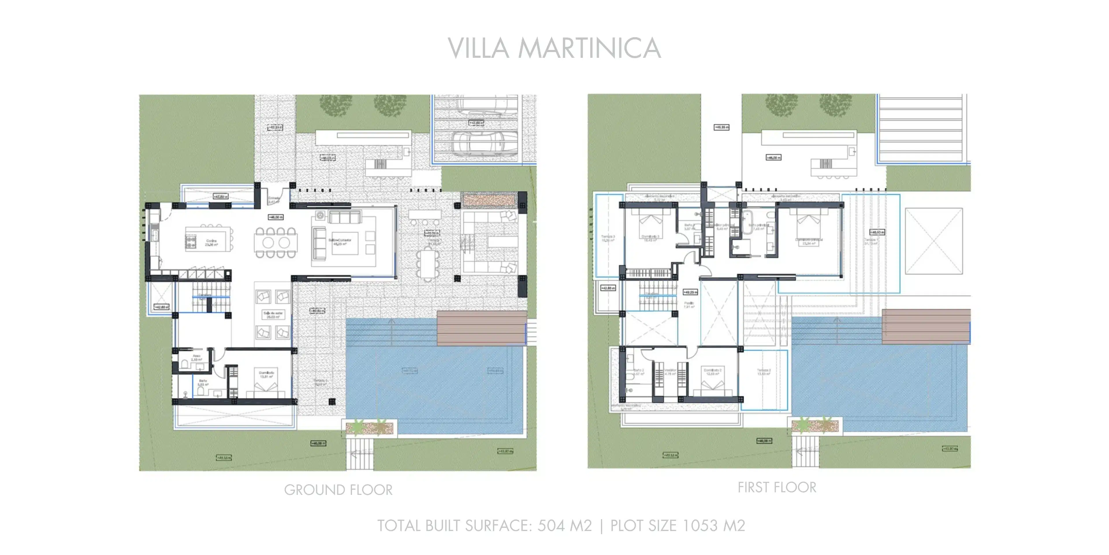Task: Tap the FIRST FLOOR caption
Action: point(777,487)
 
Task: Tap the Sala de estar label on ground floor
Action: point(273,314)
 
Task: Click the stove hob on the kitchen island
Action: point(190,242)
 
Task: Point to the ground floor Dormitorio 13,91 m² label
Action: point(267,374)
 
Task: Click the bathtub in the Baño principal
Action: point(747,222)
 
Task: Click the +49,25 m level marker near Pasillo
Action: point(690,292)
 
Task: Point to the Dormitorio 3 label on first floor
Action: point(650,238)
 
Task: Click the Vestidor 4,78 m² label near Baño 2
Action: point(670,371)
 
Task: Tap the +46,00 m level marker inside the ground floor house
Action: point(276,217)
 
